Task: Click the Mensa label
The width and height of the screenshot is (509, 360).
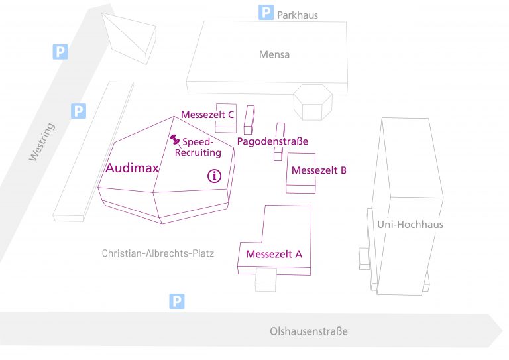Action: point(274,54)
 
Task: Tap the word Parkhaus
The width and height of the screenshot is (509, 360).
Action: point(298,14)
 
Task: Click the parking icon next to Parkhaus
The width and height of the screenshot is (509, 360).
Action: point(266,12)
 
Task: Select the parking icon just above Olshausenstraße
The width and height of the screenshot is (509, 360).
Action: point(176,302)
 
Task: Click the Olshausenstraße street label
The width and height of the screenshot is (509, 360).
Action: point(308,331)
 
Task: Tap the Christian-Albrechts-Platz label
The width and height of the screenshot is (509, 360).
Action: point(158,253)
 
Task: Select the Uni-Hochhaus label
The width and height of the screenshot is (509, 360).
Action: point(410,224)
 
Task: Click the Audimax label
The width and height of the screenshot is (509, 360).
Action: point(132,168)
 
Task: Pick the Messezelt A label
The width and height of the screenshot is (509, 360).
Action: point(274,254)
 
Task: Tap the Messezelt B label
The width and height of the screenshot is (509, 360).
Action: point(319,170)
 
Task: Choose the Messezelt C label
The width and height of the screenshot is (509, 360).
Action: point(207,115)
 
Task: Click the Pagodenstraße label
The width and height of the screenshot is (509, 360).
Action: point(272,141)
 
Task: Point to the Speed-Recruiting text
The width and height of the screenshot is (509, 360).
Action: point(198,147)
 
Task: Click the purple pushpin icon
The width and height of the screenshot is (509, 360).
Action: point(176,140)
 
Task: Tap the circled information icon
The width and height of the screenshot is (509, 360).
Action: point(214,176)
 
